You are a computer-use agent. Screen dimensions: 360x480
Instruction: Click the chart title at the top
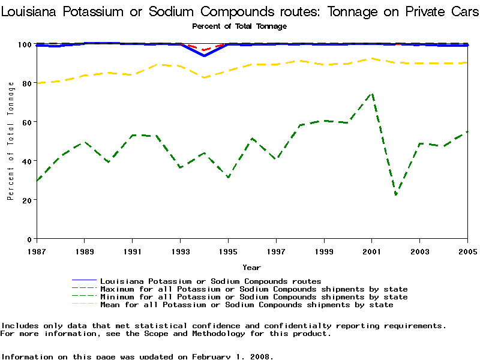[240, 11]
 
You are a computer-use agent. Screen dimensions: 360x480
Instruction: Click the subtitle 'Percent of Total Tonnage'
[239, 26]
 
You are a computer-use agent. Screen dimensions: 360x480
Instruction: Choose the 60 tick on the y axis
[26, 122]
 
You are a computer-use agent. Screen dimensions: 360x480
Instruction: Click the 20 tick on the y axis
[26, 200]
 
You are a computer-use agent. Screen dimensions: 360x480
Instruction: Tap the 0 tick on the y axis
[29, 239]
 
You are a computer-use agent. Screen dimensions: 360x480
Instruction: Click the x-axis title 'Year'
[251, 267]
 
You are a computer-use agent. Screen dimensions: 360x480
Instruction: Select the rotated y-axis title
[11, 142]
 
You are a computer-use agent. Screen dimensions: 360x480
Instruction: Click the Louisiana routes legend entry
[211, 281]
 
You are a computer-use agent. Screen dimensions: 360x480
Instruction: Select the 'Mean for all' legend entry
[247, 305]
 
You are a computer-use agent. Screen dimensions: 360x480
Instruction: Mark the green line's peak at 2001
[372, 94]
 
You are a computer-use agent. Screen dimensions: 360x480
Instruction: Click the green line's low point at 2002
[396, 194]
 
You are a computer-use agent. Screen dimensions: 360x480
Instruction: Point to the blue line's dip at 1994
[204, 56]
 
